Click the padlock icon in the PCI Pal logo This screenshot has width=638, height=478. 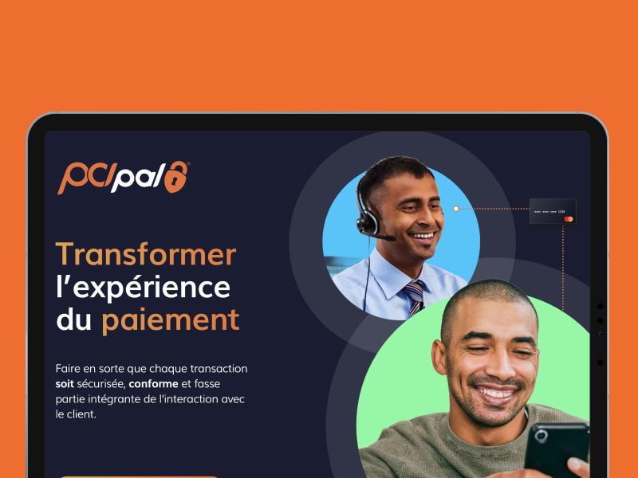pyautogui.click(x=176, y=177)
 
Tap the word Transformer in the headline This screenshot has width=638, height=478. pyautogui.click(x=146, y=254)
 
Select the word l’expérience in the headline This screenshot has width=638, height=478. pyautogui.click(x=144, y=288)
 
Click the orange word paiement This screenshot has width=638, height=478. pyautogui.click(x=171, y=320)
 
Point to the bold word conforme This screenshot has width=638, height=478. pyautogui.click(x=153, y=384)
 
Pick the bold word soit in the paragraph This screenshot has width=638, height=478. pyautogui.click(x=65, y=384)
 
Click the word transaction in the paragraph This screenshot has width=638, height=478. pyautogui.click(x=219, y=369)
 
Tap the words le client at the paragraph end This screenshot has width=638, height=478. pyautogui.click(x=76, y=414)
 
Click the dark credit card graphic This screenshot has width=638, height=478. pyautogui.click(x=553, y=211)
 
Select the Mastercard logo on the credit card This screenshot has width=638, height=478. pyautogui.click(x=569, y=219)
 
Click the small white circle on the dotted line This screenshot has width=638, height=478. pyautogui.click(x=455, y=209)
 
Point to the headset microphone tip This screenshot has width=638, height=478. pyautogui.click(x=392, y=238)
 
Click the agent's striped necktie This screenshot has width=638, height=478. pyautogui.click(x=414, y=297)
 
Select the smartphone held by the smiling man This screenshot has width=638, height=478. pyautogui.click(x=557, y=450)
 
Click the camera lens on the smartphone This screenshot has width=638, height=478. pyautogui.click(x=542, y=436)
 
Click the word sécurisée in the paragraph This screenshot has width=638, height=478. pyautogui.click(x=101, y=384)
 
